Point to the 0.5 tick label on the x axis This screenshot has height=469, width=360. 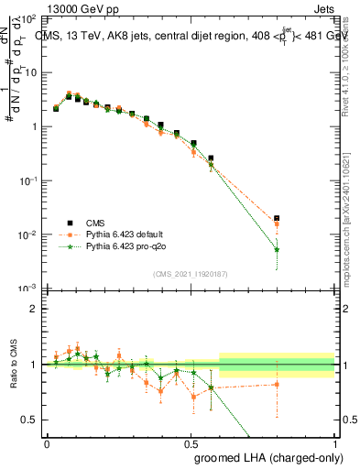(x=191, y=442)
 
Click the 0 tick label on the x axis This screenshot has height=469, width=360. (x=47, y=442)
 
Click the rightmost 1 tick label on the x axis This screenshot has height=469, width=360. (x=335, y=442)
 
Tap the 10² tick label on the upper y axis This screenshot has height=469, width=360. (x=30, y=19)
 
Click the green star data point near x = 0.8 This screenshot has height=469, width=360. (x=278, y=249)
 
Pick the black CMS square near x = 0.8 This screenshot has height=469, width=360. (x=278, y=218)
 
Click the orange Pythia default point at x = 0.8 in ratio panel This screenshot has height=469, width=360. (x=278, y=385)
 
